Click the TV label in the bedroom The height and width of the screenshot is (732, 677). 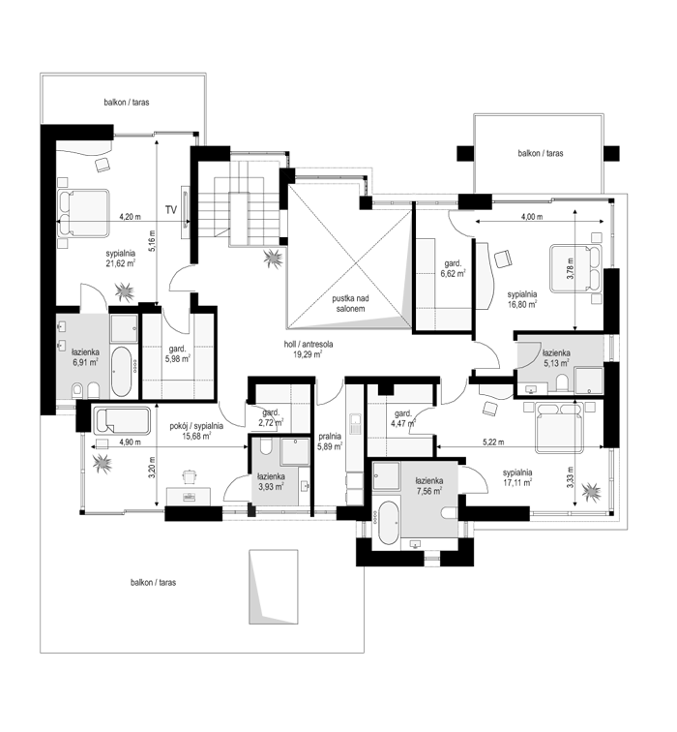pos(171,210)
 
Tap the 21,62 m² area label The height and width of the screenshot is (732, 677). pos(120,263)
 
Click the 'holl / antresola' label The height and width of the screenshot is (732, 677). pos(309,345)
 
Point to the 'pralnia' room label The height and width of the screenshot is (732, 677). pos(330,437)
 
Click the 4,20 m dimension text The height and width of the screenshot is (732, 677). pos(131,217)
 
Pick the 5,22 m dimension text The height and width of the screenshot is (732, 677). pos(493,442)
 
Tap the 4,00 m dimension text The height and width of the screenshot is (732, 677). pos(532,217)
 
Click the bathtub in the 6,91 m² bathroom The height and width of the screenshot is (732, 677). pos(122,372)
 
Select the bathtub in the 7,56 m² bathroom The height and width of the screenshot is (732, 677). pos(388,523)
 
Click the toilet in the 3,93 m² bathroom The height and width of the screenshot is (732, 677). pos(266,446)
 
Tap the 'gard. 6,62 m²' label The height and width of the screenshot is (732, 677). pos(453,268)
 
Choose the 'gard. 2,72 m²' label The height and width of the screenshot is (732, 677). pos(273,418)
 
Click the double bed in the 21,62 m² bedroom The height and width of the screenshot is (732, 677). pos(83,213)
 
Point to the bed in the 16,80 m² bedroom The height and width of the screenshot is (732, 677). pos(575,268)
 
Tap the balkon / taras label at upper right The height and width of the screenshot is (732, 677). pos(541,153)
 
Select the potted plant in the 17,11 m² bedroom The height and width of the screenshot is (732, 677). pos(591,492)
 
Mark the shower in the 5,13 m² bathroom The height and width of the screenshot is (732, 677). pos(589,381)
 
